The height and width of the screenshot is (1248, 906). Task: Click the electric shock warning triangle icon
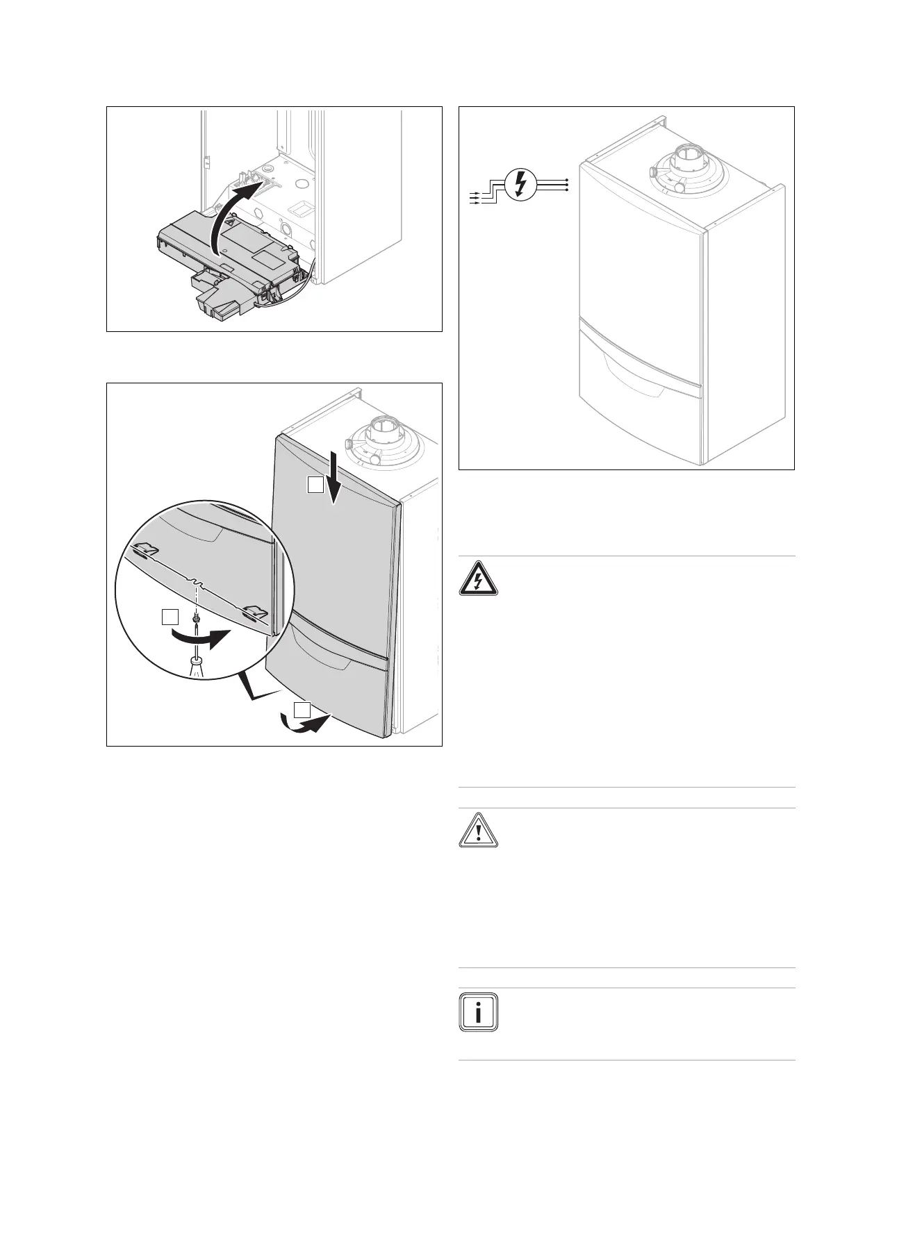coord(478,578)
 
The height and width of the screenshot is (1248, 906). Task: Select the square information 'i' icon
coord(478,1010)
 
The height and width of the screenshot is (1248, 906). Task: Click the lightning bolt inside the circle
coord(520,184)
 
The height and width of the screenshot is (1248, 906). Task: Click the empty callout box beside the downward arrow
coord(316,485)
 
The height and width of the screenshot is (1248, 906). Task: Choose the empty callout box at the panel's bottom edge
coord(301,709)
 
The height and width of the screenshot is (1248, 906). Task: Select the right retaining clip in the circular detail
coord(254,612)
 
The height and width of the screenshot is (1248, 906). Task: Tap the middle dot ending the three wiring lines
coord(568,184)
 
